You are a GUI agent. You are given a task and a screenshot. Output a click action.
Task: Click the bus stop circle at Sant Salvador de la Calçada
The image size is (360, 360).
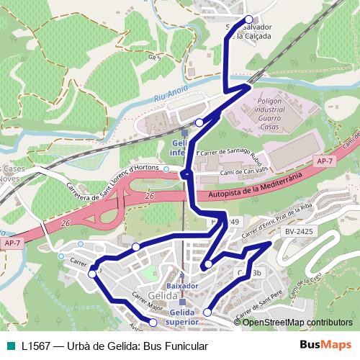[x=249, y=20]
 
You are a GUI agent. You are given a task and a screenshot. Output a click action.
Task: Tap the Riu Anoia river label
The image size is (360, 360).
[x=171, y=96]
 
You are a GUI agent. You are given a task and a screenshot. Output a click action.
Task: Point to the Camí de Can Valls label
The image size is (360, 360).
[x=246, y=168]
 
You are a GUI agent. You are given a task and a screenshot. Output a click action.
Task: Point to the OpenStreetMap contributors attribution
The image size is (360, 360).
[x=297, y=322]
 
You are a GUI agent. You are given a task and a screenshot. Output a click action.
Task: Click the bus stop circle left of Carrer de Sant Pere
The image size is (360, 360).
[x=207, y=312]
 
